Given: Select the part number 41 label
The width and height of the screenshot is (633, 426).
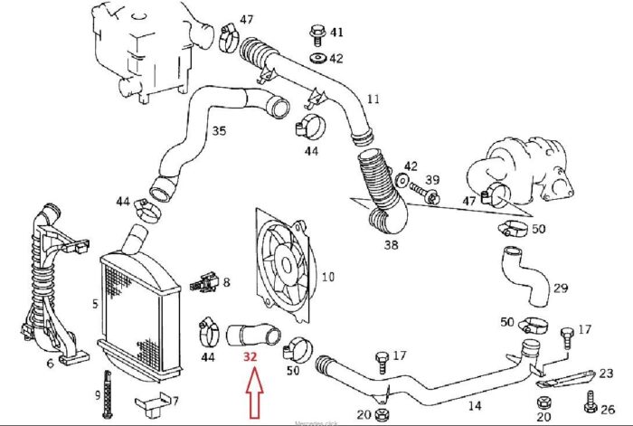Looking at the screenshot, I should (x=336, y=33).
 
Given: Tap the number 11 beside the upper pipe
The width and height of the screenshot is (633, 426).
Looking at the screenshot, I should (x=373, y=97).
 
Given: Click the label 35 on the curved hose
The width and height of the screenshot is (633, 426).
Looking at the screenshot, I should (x=219, y=131).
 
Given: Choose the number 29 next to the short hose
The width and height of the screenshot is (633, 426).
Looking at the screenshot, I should (x=561, y=288).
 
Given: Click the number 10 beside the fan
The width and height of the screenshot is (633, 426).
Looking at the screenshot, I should (x=327, y=277).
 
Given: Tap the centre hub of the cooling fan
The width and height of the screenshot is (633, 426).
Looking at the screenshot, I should (x=285, y=262).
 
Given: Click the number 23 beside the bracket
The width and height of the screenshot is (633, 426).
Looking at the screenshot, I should (x=606, y=373).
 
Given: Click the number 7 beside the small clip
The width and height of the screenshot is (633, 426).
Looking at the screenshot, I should (x=175, y=401).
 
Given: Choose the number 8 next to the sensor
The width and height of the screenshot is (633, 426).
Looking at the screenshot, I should (x=226, y=282).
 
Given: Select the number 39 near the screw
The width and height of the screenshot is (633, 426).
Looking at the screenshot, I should (x=432, y=180).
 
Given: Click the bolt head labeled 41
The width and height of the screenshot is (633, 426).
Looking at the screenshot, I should (x=316, y=34).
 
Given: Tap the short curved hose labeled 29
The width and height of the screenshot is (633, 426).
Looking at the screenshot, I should (x=522, y=276).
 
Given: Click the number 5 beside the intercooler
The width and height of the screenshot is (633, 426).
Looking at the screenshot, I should (x=95, y=304).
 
